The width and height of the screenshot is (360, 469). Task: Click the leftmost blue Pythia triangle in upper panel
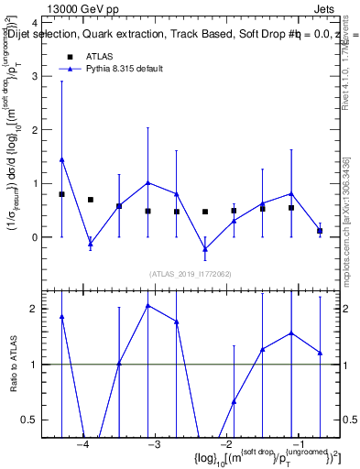pos(61,159)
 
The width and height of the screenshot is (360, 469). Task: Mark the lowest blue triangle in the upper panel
pos(205,248)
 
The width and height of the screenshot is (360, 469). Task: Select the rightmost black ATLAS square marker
pos(320,231)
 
